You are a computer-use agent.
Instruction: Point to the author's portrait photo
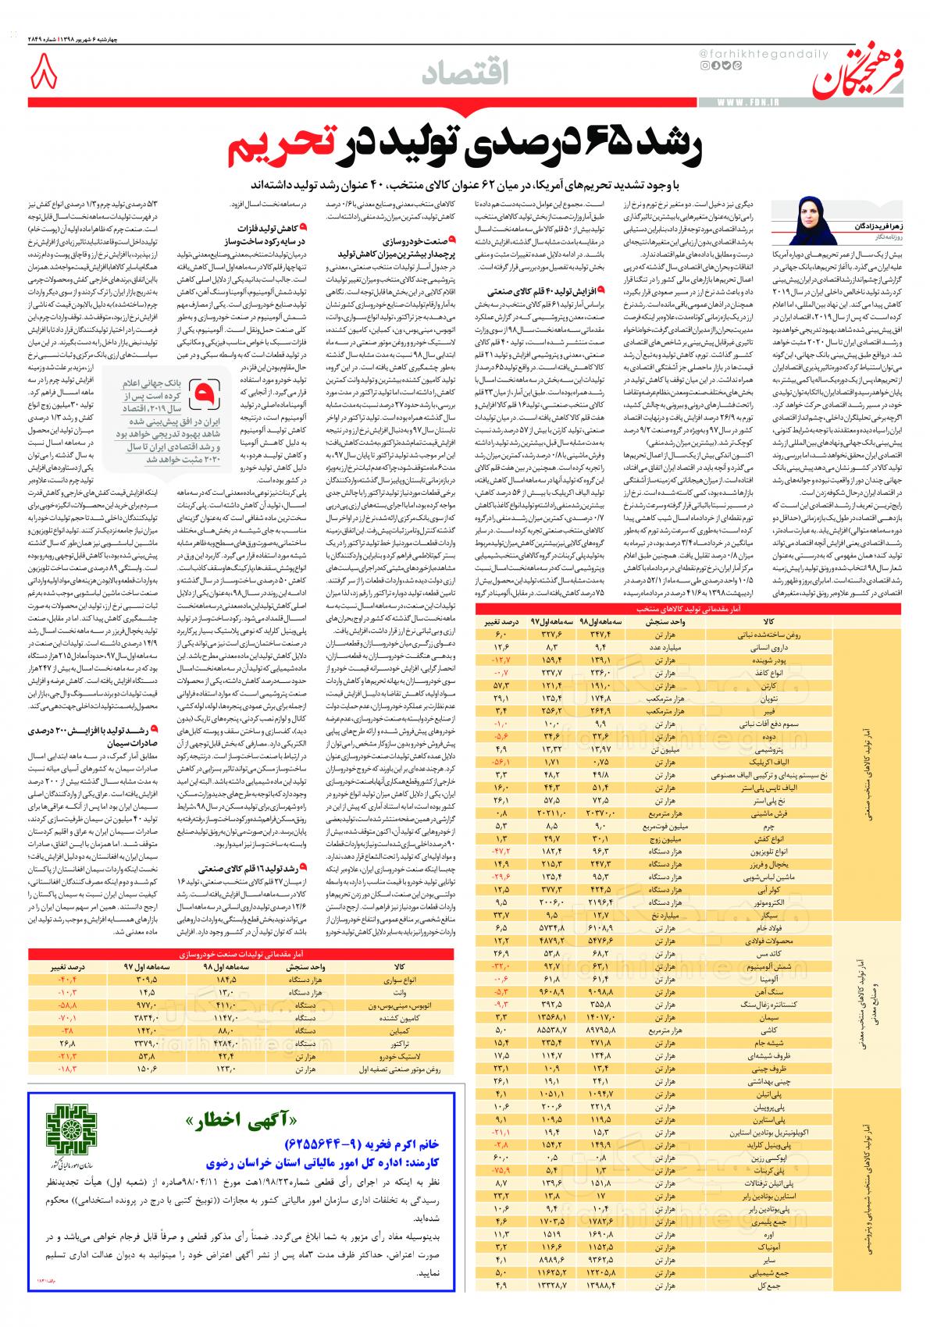click(x=811, y=222)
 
